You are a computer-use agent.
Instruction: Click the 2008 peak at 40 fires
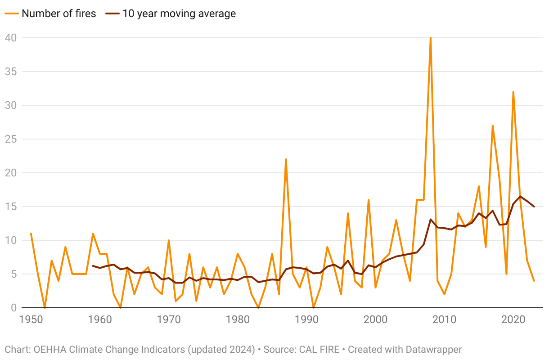pos(431,38)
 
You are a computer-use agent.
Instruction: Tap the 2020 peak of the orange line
pos(513,92)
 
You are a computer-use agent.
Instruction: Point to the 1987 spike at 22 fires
pos(286,159)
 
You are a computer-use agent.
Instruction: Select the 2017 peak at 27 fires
pos(493,126)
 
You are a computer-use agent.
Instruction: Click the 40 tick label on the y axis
pos(11,38)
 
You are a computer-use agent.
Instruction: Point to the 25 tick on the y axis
pos(11,139)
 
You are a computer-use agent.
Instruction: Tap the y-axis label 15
pos(11,207)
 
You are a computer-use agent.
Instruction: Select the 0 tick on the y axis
pos(13,308)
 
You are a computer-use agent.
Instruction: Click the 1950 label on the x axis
pos(31,320)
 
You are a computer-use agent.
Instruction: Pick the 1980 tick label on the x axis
pos(238,320)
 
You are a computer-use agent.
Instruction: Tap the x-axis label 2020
pos(513,320)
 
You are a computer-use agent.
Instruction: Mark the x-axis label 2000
pos(375,320)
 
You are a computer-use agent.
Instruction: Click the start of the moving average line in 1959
pos(93,266)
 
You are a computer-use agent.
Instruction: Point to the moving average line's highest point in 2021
pos(520,197)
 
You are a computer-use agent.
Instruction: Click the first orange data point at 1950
pos(31,234)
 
